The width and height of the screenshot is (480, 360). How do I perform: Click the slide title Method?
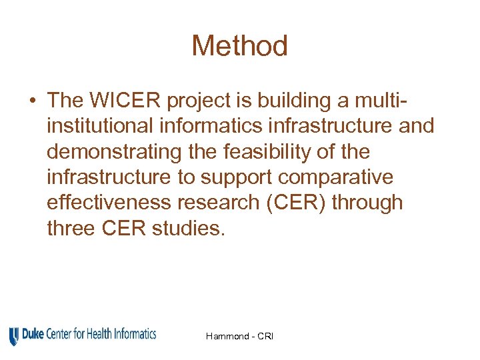[x=239, y=46]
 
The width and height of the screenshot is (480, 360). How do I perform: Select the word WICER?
[x=125, y=100]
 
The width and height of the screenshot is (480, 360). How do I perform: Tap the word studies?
[x=189, y=228]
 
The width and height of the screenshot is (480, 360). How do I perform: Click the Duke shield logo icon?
[x=14, y=335]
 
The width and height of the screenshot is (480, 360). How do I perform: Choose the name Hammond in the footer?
[x=228, y=336]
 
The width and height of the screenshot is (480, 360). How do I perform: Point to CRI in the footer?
[x=265, y=336]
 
